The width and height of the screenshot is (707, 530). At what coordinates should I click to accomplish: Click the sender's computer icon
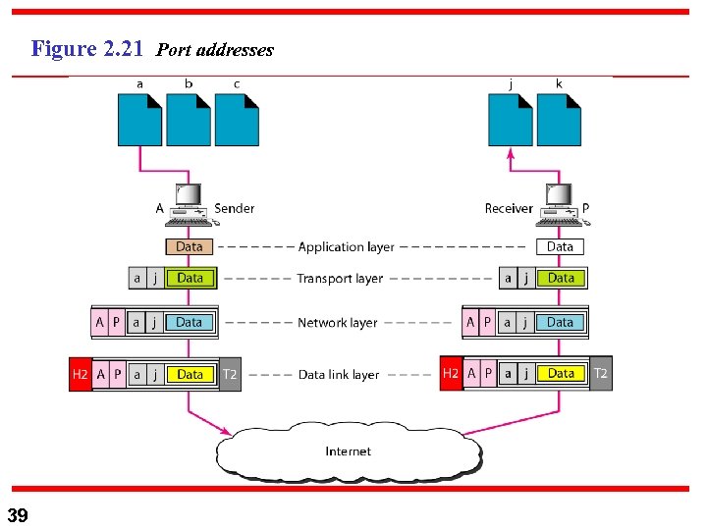[189, 202]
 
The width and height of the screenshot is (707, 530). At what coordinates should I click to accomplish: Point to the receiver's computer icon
[558, 202]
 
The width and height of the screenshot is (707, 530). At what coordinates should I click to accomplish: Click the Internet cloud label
[349, 451]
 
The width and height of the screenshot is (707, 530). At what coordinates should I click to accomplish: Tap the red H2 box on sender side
[81, 374]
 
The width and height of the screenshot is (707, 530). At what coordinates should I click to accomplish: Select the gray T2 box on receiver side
[600, 374]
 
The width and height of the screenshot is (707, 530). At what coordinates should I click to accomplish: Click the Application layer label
[346, 247]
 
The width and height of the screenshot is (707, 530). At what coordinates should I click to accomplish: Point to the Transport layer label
[340, 279]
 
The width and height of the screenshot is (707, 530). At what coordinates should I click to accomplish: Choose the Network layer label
[337, 322]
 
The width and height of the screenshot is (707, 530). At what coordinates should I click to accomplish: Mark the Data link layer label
[339, 375]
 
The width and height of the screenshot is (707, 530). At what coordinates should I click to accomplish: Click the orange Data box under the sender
[190, 247]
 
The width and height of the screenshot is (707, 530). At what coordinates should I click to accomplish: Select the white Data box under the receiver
[560, 247]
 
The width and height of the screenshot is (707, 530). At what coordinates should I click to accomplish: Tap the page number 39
[18, 515]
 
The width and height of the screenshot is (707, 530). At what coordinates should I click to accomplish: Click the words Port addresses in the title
[215, 50]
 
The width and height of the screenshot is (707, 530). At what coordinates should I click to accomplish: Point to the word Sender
[234, 208]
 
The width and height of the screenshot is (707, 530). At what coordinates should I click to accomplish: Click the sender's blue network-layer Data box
[190, 322]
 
